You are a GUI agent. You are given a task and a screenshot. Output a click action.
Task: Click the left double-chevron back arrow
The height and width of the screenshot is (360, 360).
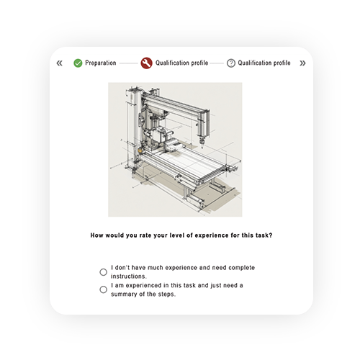coord(59,63)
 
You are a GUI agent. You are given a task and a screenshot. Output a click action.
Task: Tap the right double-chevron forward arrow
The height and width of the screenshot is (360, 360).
coord(302,63)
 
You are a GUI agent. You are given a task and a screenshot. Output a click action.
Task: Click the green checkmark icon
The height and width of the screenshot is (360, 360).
coord(78,63)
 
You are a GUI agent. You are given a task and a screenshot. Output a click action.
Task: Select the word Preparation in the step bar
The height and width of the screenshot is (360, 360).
coord(100,63)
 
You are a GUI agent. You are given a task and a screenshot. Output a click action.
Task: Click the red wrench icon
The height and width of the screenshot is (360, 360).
coord(147,63)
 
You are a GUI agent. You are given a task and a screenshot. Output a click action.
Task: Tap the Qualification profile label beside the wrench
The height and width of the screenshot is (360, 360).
coord(181,63)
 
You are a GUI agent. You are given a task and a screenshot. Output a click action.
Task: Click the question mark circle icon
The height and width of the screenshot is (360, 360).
coord(231,63)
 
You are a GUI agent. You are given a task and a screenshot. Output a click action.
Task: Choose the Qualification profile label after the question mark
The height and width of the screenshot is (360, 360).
coord(264,63)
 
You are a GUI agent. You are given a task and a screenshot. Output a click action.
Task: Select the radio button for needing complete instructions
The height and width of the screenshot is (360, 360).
coord(104,272)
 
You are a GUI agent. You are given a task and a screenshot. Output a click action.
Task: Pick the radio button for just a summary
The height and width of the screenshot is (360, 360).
coord(104,289)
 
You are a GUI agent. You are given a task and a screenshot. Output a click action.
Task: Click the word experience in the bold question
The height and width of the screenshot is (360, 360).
coord(198,235)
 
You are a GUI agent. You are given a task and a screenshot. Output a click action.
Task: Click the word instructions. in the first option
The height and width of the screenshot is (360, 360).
coord(130,276)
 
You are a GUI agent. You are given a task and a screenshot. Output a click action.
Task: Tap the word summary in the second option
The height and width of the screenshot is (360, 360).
coord(129,294)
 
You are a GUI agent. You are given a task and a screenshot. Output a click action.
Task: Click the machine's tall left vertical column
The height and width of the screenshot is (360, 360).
coord(134,130)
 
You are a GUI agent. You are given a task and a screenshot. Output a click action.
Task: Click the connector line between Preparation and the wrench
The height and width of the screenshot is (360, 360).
coord(128,63)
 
